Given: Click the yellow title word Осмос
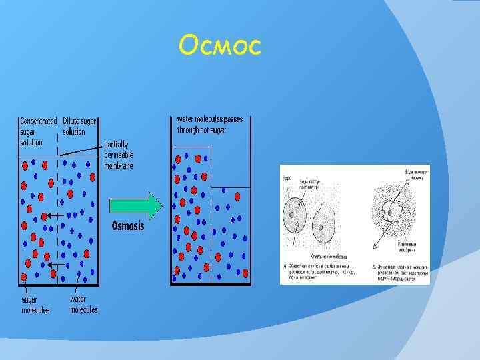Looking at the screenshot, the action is point(220,46).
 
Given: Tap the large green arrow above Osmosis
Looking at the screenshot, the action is point(135,205).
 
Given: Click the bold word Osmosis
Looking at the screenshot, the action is point(127,225).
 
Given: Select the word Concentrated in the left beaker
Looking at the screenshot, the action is point(39,122).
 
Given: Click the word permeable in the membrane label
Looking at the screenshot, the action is point(119,155).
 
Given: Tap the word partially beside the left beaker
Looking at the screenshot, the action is point(116,144).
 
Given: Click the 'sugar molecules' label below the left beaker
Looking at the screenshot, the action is point(34,305).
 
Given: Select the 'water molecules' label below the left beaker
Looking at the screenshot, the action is point(83,305).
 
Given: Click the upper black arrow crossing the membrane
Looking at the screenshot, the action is point(55,216).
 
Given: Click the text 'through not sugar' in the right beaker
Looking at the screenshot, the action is point(201,130).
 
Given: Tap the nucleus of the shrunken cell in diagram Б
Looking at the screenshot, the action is point(389,213).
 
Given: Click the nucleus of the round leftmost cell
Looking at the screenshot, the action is point(290,215).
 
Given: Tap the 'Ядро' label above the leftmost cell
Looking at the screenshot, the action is point(287,179).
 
